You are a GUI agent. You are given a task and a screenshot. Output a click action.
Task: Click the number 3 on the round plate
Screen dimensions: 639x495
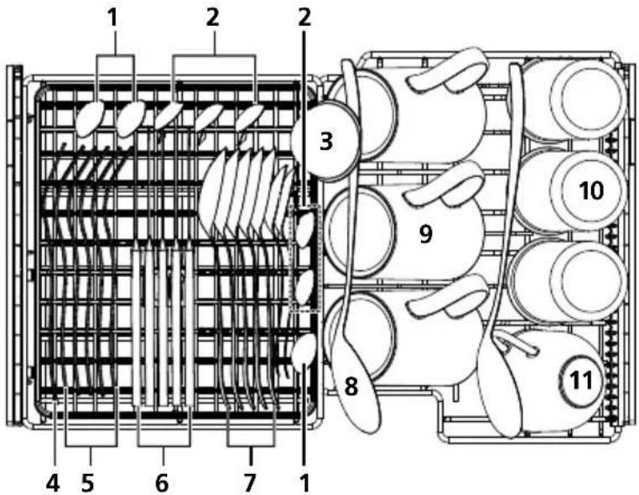point(326,142)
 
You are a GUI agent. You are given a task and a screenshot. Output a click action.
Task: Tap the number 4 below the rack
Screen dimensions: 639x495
point(53,483)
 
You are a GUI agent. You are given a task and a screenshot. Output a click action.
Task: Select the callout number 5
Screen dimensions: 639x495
point(87,483)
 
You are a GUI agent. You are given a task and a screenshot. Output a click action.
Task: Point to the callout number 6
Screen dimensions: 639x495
point(162,483)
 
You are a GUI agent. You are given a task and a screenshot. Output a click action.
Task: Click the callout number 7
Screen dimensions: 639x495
point(249,483)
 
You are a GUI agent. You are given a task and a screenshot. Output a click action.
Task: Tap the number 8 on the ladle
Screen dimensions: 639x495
point(351,386)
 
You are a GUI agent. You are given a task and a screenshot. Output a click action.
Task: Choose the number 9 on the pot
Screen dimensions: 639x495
point(425,233)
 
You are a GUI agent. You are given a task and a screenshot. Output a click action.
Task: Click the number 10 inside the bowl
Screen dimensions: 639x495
point(591,190)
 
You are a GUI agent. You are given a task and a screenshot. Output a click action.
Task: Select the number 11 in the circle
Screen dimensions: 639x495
point(581,380)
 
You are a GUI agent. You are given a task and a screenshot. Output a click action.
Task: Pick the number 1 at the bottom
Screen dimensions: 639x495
point(304,483)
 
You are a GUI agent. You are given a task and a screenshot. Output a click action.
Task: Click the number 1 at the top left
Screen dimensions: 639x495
point(113,18)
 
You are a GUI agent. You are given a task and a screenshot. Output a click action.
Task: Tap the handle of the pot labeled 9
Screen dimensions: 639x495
point(444,183)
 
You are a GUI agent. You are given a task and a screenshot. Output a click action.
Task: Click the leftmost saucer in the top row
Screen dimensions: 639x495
point(90,117)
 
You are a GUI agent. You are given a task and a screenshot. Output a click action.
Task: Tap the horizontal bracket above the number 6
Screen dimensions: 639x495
point(164,446)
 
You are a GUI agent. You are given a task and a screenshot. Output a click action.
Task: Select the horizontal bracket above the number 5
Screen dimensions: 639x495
point(91,446)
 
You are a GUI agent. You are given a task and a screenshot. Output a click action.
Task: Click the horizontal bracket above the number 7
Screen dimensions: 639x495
point(251,446)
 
